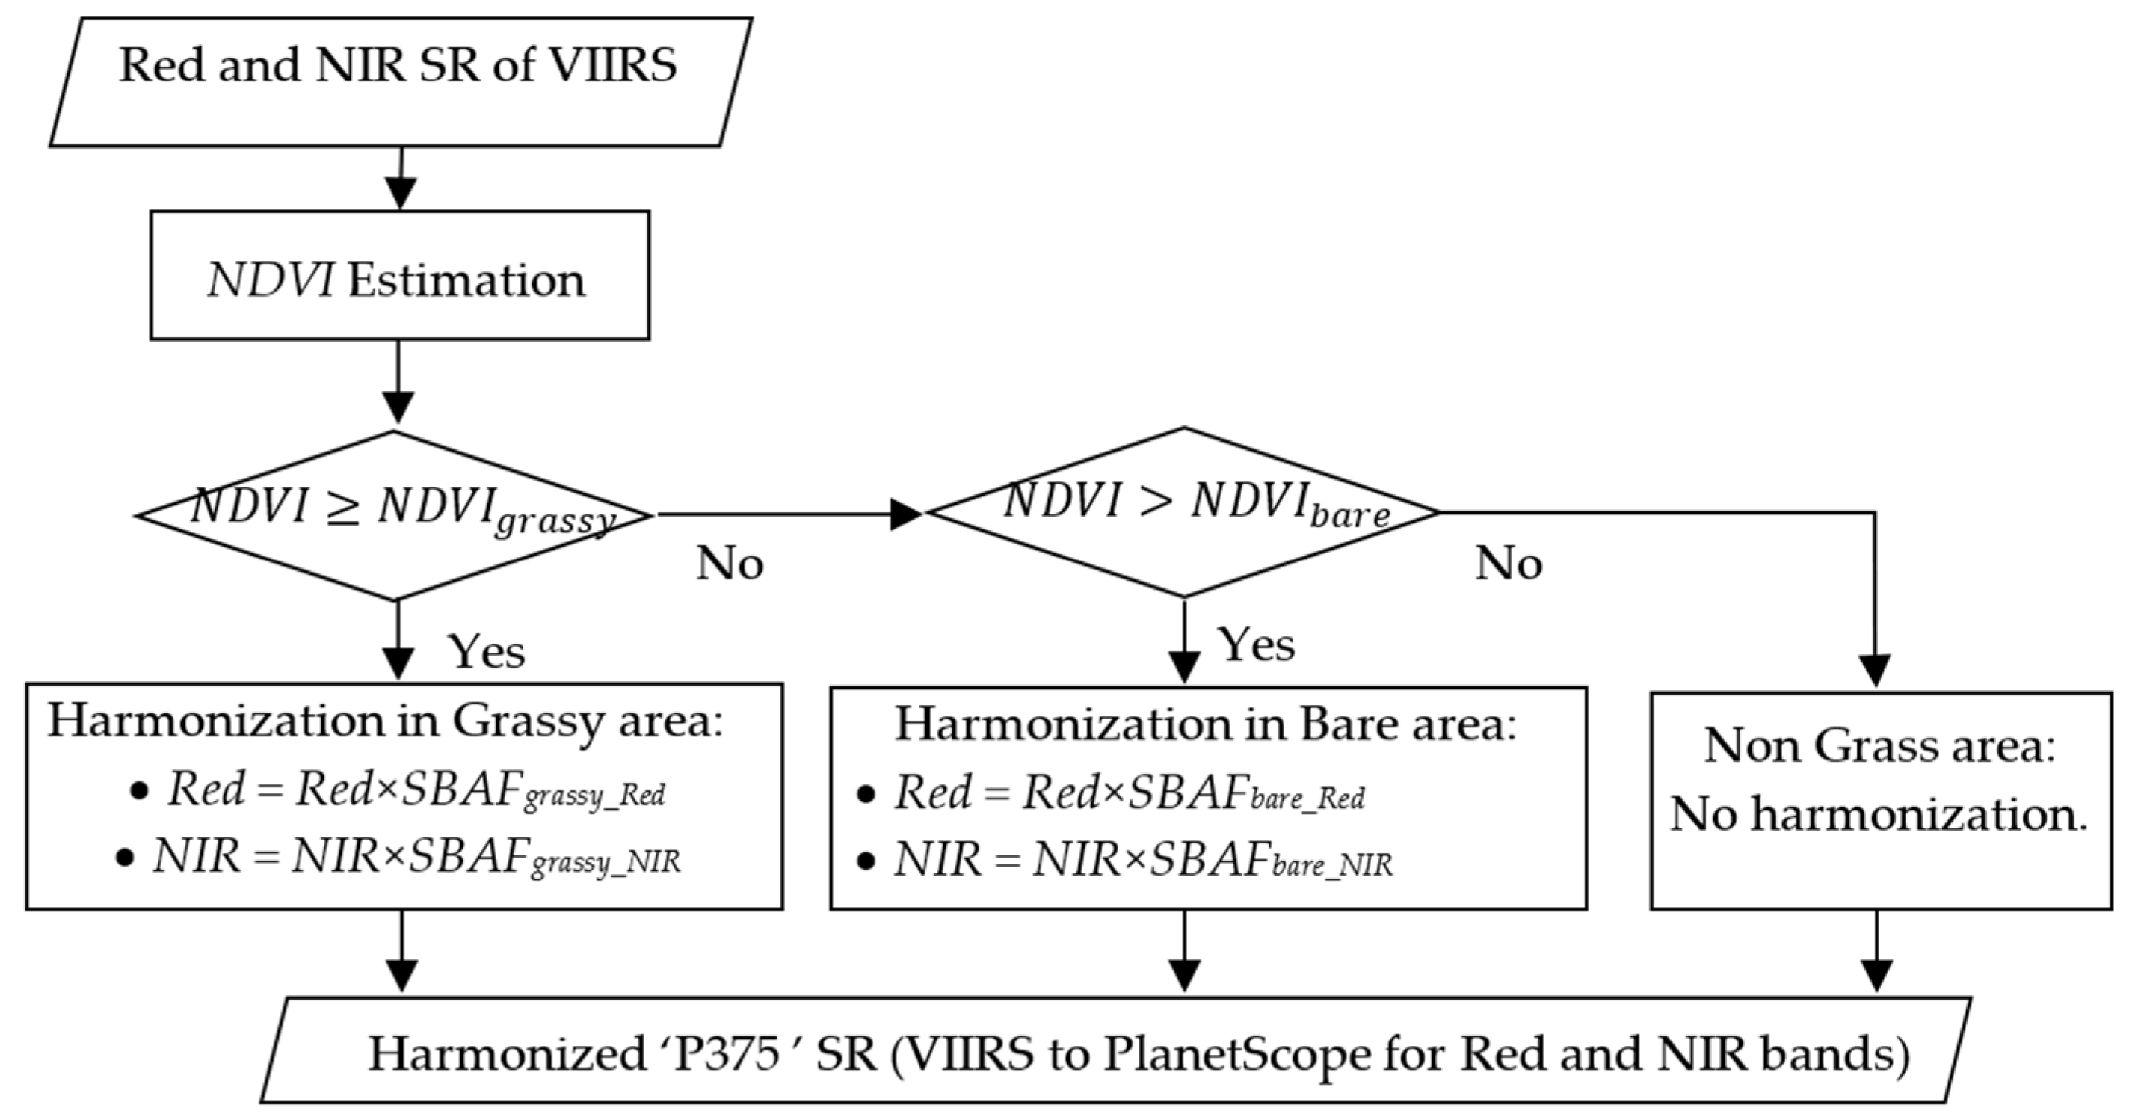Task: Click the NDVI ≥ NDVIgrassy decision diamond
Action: [x=395, y=515]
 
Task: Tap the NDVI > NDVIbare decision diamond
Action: [x=1183, y=511]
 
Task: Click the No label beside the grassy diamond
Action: [x=730, y=564]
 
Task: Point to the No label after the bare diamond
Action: [x=1509, y=564]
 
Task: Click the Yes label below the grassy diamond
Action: [x=487, y=652]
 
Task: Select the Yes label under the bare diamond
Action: [x=1256, y=646]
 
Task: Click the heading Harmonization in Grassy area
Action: [x=386, y=721]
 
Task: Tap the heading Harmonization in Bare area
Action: [x=1205, y=725]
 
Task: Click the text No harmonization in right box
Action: [x=1878, y=815]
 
